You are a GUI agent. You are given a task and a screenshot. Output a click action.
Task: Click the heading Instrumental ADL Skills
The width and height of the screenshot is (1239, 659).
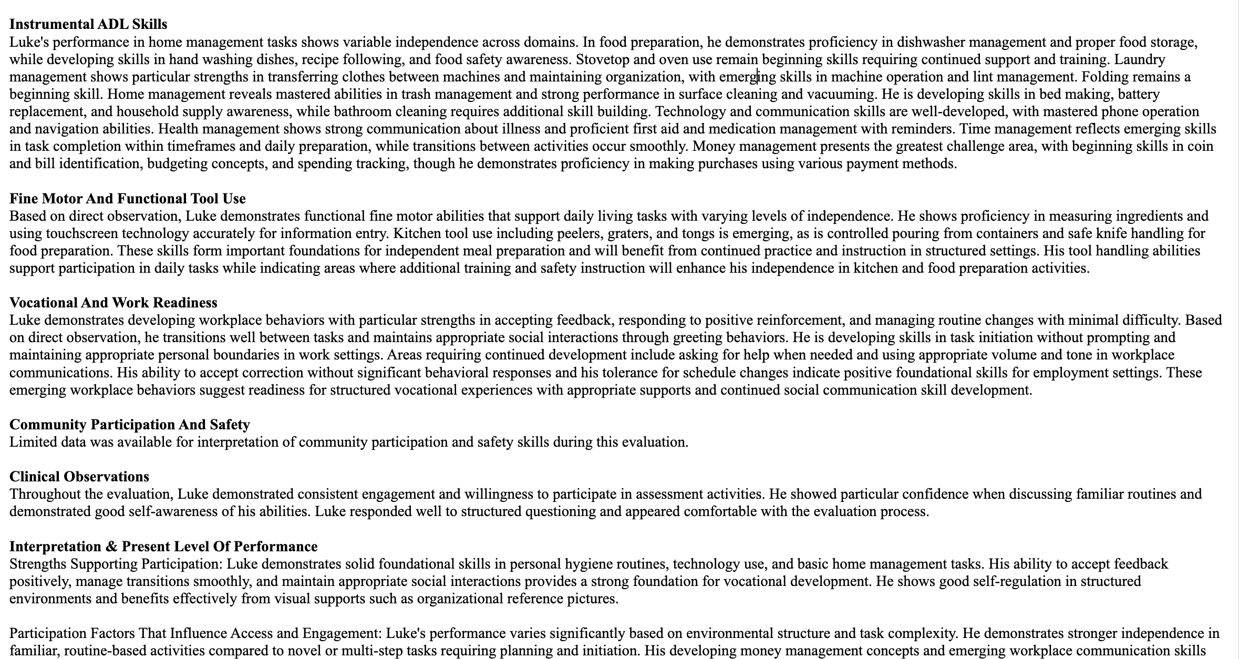click(88, 24)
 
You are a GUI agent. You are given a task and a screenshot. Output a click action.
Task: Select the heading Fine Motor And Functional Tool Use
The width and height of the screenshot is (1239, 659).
click(128, 199)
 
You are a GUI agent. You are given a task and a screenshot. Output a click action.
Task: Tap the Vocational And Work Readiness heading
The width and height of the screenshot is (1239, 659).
click(113, 303)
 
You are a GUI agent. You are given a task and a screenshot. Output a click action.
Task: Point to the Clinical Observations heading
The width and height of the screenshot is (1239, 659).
click(79, 477)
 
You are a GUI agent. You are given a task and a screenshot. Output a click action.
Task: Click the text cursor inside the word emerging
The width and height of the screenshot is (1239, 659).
click(757, 77)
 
